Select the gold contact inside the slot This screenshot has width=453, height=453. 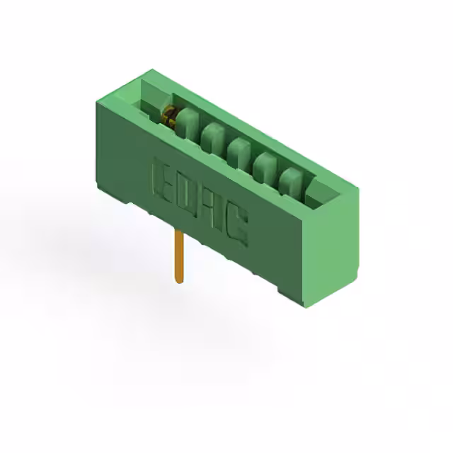click(x=168, y=115)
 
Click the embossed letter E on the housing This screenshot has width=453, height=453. click(x=161, y=177)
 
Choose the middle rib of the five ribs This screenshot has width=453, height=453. click(x=238, y=151)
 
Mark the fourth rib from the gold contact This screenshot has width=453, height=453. click(x=264, y=168)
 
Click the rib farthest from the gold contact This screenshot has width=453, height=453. click(x=290, y=183)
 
